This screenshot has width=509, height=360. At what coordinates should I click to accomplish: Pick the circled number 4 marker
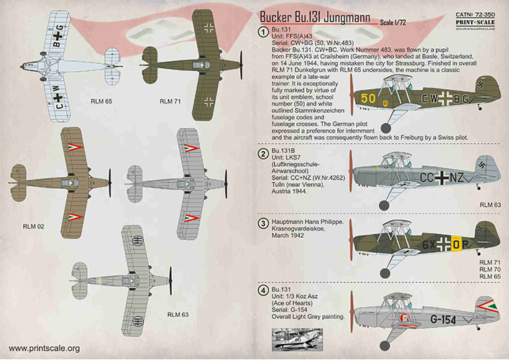point(263,290)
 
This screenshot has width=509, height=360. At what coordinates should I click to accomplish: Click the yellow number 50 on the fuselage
point(368,98)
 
